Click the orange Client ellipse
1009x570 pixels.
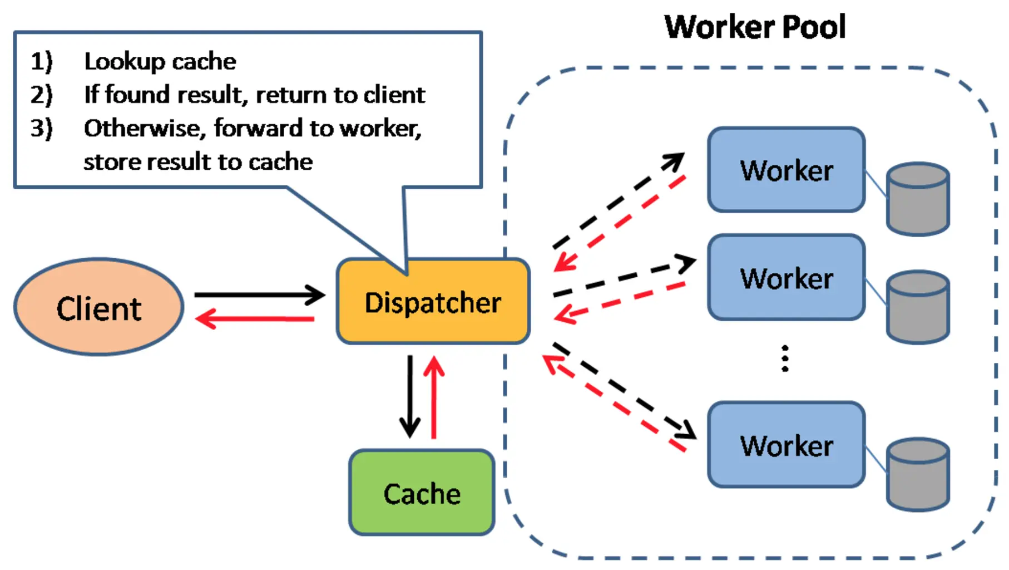(99, 307)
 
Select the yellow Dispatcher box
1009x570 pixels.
(433, 301)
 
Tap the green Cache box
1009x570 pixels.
(422, 493)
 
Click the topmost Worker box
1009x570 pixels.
(786, 170)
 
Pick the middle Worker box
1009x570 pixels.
(786, 277)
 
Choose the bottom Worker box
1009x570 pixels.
(786, 445)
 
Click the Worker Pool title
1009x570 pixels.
(755, 27)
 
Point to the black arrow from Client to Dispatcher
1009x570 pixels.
(259, 294)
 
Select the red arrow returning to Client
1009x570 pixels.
(256, 319)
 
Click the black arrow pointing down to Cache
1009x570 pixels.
(410, 395)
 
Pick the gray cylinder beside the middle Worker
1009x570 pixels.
(918, 307)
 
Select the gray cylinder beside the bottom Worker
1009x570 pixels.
(918, 474)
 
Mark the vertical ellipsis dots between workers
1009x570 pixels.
(785, 358)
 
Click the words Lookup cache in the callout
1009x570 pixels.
(160, 61)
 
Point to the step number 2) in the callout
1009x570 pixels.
(41, 95)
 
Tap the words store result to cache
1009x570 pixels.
(198, 162)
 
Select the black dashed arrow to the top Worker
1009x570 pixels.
(617, 200)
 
